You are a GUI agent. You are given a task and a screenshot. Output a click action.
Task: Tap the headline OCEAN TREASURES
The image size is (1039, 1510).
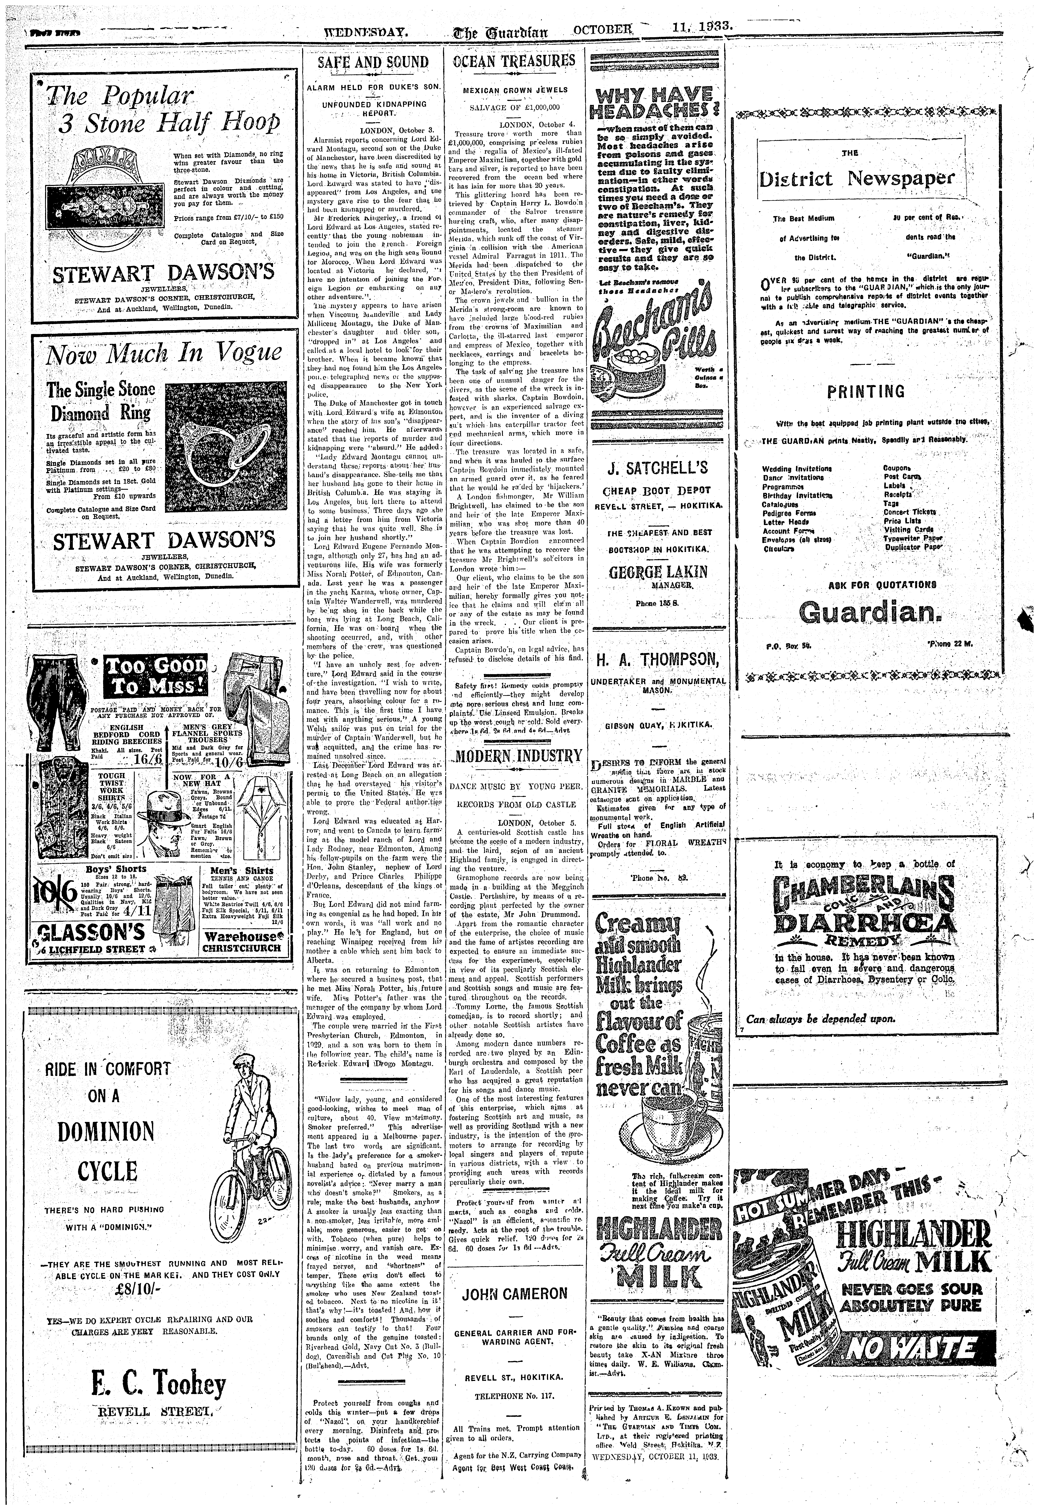click(x=514, y=61)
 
